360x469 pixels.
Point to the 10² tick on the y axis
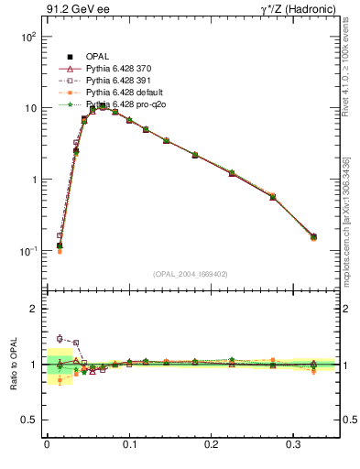click(27, 38)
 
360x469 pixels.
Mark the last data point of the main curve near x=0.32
click(313, 237)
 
